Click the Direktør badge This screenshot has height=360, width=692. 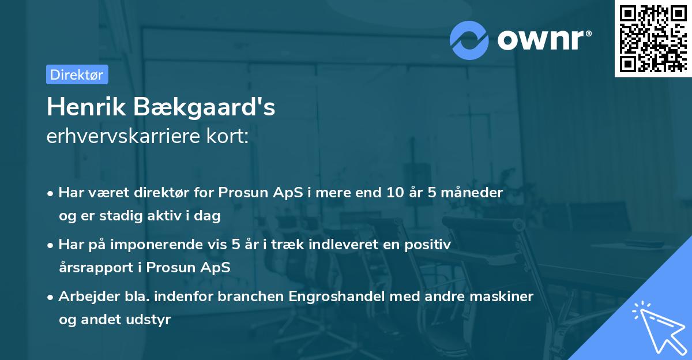point(77,74)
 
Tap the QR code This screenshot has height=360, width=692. point(652,38)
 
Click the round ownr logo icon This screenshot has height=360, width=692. point(469,40)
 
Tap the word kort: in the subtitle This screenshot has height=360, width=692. point(230,137)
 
